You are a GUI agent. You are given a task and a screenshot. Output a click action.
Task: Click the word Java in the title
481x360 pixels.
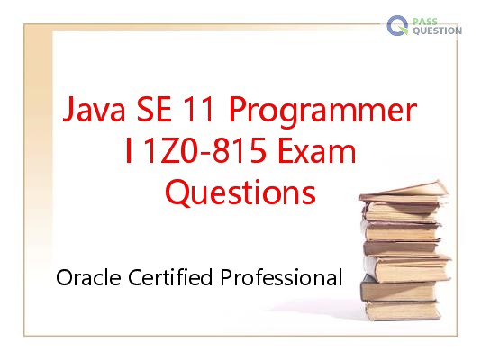coord(94,109)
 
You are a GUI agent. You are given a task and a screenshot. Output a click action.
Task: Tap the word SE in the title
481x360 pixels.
coord(154,109)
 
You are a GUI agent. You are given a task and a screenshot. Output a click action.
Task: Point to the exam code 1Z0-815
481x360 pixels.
coord(204,150)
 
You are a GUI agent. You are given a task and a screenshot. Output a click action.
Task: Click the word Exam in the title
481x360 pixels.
coord(316,150)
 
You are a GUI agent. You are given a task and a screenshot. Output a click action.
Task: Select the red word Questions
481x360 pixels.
coord(240,193)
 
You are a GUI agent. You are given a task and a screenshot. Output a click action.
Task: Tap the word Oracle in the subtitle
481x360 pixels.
coord(88,277)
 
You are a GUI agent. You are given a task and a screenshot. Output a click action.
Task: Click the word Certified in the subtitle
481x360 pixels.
coord(170,277)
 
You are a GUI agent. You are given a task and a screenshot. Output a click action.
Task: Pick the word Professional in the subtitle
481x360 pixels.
coord(281,277)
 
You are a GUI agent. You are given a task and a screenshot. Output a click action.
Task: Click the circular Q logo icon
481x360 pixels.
coord(397,26)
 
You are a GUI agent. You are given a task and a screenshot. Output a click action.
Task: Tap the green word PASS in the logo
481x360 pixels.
coord(425,22)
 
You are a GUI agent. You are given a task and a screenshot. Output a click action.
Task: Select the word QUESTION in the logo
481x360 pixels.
coord(438,31)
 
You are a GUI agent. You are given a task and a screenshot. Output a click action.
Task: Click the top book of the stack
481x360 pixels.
coord(404,192)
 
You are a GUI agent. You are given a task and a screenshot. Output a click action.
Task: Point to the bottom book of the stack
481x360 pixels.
coord(403,310)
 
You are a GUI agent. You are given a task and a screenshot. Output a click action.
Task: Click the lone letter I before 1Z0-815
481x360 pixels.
coord(129,150)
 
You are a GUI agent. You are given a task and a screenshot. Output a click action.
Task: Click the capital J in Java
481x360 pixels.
coord(68,110)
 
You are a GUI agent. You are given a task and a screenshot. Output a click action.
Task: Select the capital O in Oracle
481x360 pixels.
coord(65,277)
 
